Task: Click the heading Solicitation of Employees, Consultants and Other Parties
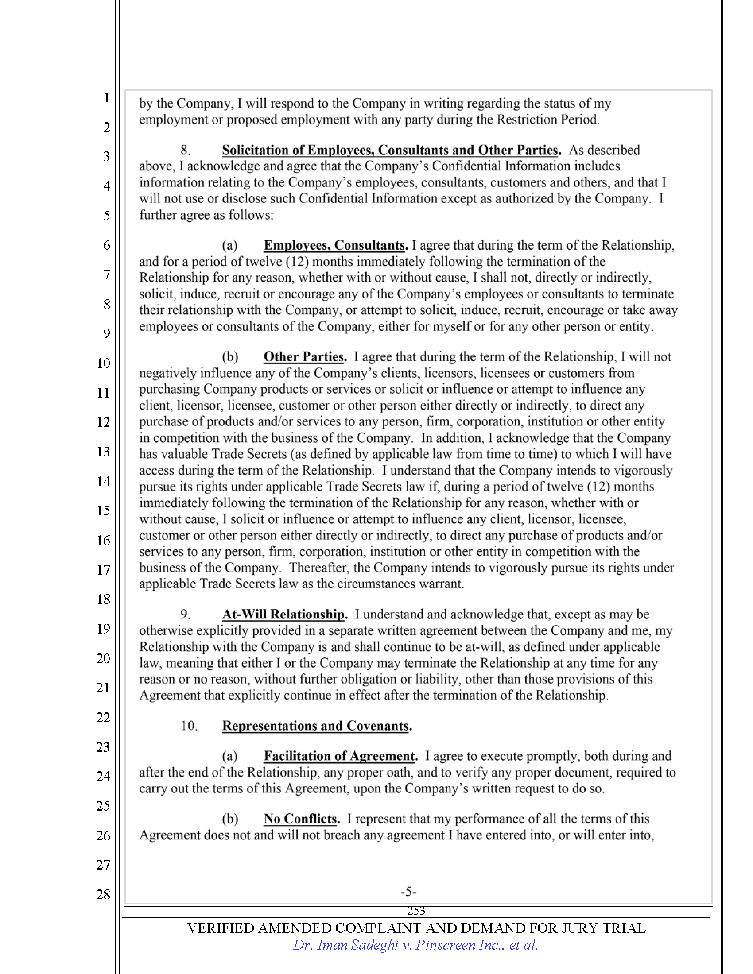(391, 150)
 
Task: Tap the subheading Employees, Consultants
(335, 245)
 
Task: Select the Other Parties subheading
(305, 357)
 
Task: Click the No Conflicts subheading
(302, 819)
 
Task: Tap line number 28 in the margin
(103, 894)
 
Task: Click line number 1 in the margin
(107, 97)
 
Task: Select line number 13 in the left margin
(103, 452)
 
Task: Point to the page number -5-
(408, 892)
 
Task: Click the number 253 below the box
(416, 911)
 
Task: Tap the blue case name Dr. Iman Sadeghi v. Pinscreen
(415, 945)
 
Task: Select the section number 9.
(186, 615)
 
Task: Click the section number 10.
(189, 726)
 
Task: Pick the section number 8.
(186, 150)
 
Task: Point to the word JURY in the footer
(580, 928)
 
